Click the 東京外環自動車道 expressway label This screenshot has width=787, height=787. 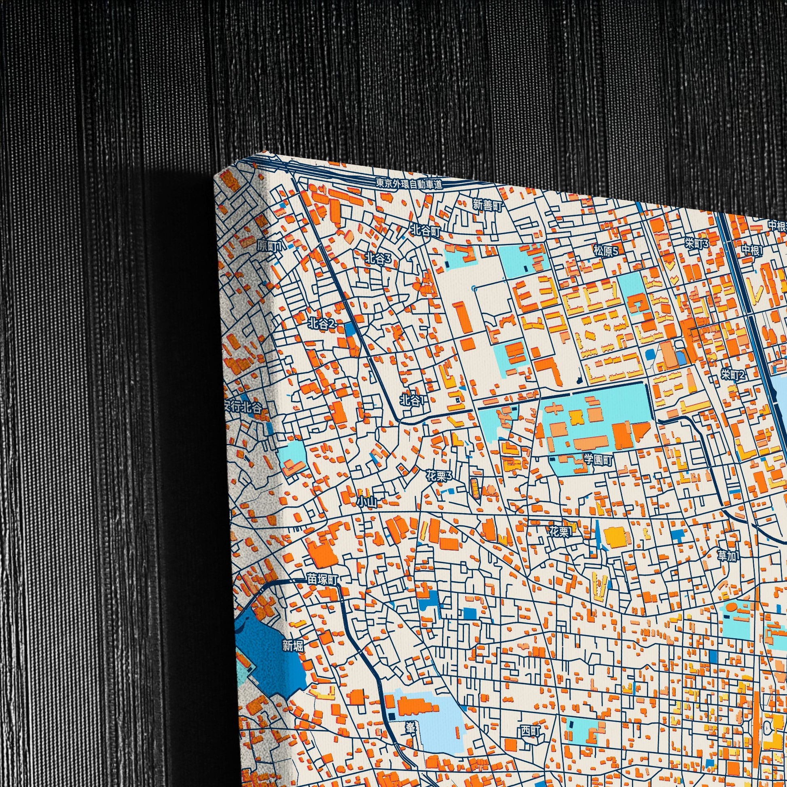[409, 184]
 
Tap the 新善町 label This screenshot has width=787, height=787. [487, 205]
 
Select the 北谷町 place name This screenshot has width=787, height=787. [425, 232]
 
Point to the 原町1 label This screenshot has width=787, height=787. [269, 245]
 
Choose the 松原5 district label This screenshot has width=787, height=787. [606, 251]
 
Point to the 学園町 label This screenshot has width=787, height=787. [598, 460]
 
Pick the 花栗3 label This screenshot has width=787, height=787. [439, 476]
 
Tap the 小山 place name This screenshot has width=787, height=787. [367, 502]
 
